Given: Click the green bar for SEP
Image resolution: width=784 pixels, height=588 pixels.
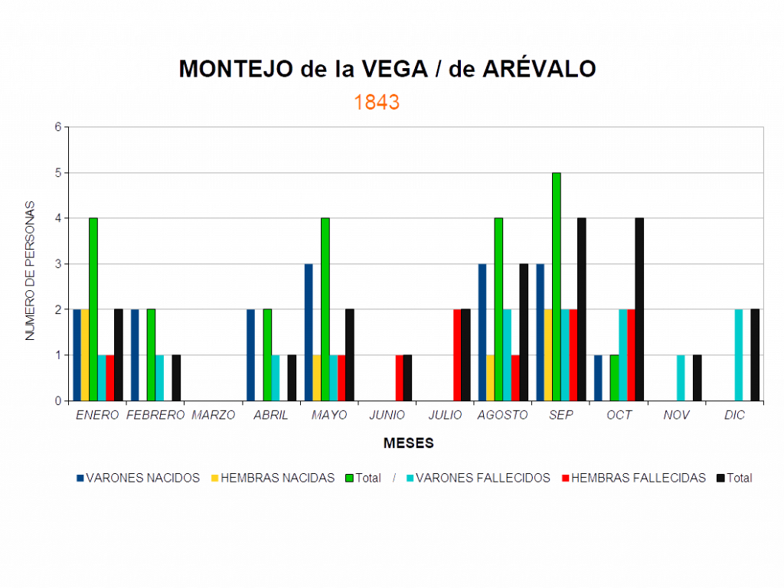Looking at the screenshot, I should tap(557, 286).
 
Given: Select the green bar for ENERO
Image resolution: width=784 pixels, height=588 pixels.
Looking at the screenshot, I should tap(93, 309).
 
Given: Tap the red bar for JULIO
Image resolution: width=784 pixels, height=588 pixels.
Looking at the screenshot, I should tap(456, 354).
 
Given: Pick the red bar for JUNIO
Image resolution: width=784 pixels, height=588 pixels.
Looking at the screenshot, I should tap(399, 377).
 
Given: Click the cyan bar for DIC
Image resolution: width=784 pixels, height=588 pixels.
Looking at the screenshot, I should tap(739, 354).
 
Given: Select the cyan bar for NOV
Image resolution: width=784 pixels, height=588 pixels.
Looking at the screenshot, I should tap(681, 377).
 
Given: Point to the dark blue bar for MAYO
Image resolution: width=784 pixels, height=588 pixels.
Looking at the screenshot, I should tap(309, 332).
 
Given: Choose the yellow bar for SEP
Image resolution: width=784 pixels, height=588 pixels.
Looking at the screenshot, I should tap(548, 354).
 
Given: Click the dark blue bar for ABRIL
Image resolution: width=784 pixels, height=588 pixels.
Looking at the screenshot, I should tap(250, 354).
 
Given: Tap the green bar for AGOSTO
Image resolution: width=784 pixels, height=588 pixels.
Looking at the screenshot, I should tap(498, 309).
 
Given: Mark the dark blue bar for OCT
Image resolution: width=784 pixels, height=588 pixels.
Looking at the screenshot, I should tap(598, 377).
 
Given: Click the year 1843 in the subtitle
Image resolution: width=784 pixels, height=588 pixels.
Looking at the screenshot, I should tap(377, 103).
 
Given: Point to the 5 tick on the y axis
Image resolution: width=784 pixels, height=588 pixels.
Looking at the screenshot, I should tap(58, 173).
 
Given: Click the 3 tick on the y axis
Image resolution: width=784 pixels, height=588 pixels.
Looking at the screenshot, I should tap(58, 264).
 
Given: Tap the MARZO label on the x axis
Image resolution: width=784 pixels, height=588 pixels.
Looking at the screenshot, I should tap(214, 415).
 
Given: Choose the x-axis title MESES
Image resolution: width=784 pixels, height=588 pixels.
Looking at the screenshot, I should tap(409, 443).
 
